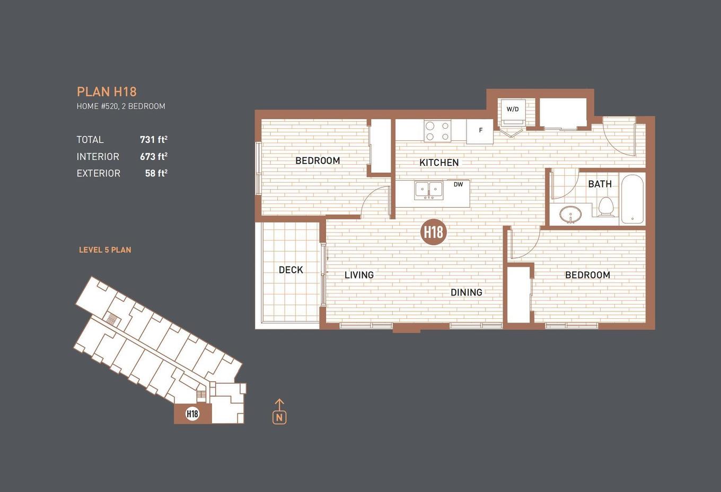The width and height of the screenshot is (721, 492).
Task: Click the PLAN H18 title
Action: (x=107, y=92)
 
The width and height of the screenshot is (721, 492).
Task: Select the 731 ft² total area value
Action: (x=153, y=139)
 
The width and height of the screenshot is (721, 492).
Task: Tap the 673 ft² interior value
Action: (x=153, y=156)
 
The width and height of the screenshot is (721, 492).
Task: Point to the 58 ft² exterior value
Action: (x=156, y=173)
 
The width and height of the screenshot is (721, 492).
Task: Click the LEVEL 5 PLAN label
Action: (x=105, y=250)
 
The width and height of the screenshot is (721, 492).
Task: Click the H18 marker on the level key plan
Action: (x=192, y=414)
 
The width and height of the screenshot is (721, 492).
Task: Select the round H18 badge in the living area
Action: (x=433, y=232)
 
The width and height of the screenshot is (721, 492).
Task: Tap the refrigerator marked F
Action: (x=480, y=131)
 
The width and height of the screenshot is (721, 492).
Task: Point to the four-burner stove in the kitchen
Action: (x=437, y=131)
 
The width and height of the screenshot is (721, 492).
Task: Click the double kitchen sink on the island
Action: (x=429, y=190)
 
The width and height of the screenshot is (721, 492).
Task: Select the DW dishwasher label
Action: (x=458, y=185)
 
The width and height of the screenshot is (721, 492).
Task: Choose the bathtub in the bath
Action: (x=632, y=199)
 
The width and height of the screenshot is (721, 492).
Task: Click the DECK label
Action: (x=291, y=270)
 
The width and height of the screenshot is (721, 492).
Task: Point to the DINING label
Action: (x=466, y=292)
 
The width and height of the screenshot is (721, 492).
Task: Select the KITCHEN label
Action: (x=439, y=163)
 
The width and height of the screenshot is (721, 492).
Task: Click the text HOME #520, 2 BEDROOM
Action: (x=121, y=106)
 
